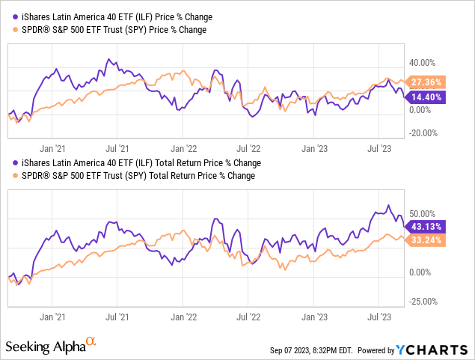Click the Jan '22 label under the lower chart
pos(183,317)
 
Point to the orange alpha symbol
pos(91,341)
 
